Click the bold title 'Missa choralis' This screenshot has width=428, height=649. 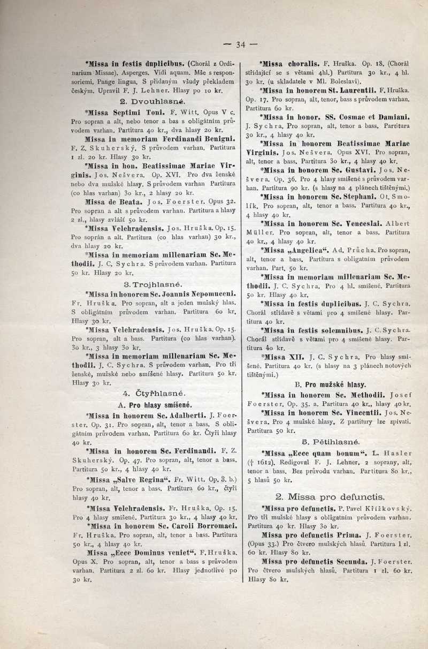pyautogui.click(x=294, y=62)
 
